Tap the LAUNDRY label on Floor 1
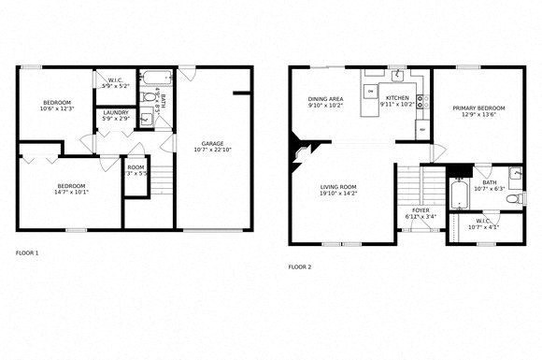116,114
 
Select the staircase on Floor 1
162,176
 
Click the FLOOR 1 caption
28,252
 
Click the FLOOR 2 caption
300,266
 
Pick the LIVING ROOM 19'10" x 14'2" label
337,190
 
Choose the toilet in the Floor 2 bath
515,175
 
